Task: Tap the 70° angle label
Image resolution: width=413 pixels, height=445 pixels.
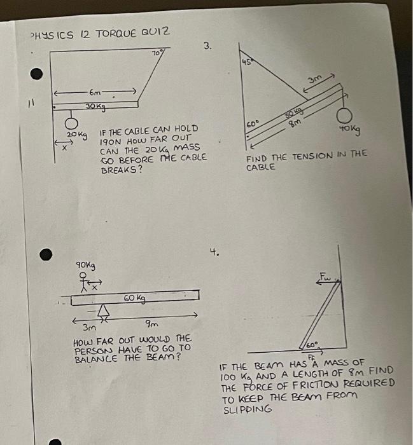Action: pos(158,54)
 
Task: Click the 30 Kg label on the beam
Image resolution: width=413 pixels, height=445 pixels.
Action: pos(95,106)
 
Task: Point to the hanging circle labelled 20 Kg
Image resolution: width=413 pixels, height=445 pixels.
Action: pos(72,122)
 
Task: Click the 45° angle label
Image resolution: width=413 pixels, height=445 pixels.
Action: pos(246,62)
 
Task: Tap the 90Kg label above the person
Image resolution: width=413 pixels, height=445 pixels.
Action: pos(85,264)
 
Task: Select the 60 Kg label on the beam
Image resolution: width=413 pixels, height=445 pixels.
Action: pos(134,298)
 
